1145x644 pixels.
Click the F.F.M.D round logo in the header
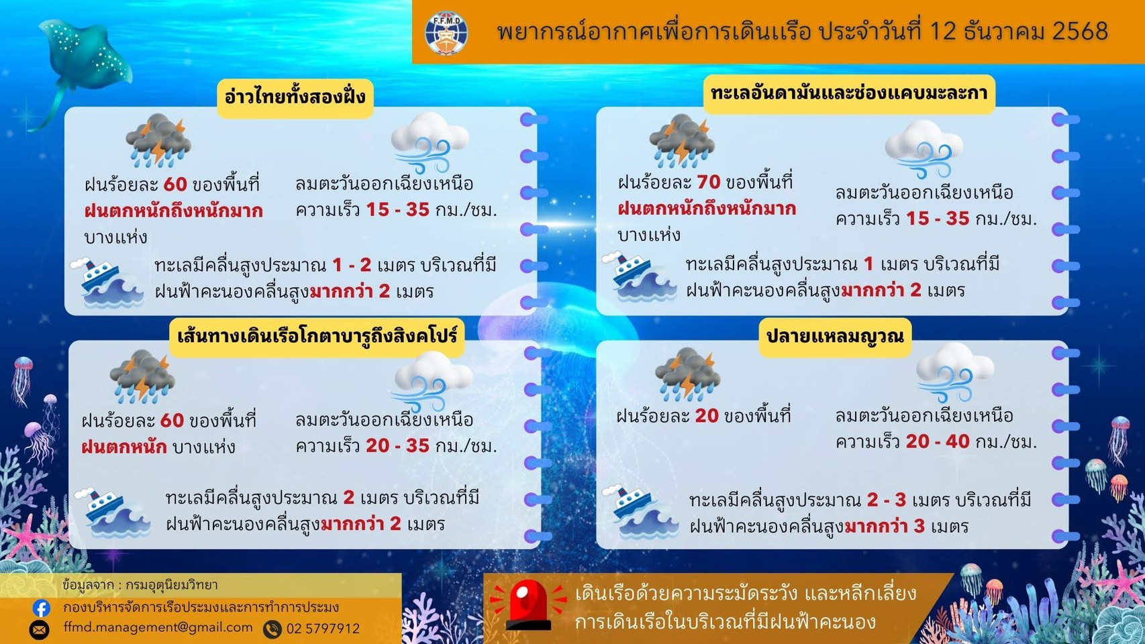[x=446, y=32]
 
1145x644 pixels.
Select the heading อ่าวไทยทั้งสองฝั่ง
[x=295, y=97]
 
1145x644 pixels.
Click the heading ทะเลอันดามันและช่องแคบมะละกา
[x=848, y=93]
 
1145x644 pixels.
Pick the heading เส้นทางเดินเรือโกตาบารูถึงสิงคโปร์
[x=317, y=335]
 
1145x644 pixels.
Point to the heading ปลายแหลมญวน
[x=834, y=335]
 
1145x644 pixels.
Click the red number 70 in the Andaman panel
[x=708, y=182]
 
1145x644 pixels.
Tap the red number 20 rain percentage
[x=706, y=416]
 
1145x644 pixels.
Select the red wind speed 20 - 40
[x=937, y=441]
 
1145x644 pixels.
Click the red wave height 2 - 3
[x=886, y=500]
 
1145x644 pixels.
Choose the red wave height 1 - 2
[x=352, y=265]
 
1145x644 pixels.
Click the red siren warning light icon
[x=528, y=605]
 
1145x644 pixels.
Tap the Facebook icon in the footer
[x=41, y=608]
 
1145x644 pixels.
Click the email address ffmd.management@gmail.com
[x=158, y=627]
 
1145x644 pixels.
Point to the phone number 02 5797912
[x=323, y=629]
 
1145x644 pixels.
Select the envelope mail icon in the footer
[x=40, y=629]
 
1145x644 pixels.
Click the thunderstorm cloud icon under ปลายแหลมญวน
[x=687, y=373]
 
